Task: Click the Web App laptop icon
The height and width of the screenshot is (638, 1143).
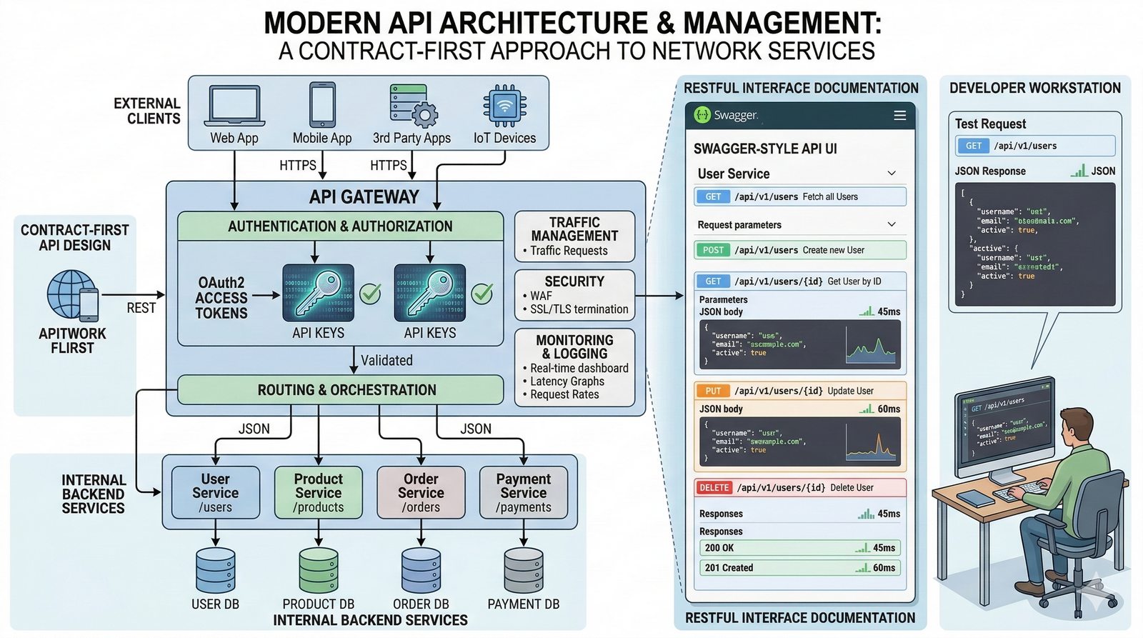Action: click(234, 106)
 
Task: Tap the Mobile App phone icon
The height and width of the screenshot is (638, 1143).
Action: click(322, 105)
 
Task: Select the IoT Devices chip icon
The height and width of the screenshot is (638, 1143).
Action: click(504, 106)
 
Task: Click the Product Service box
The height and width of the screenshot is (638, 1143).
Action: click(319, 492)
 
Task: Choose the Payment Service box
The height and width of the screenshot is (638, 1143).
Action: click(524, 492)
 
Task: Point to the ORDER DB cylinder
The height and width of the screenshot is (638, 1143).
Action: click(421, 571)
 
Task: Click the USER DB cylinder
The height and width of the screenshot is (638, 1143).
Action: click(215, 571)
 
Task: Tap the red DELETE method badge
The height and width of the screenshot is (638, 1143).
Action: click(714, 488)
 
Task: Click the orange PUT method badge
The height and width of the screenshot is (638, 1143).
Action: click(713, 391)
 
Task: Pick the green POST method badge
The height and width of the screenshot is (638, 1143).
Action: click(713, 250)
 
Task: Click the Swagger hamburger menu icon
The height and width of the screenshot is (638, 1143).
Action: click(900, 115)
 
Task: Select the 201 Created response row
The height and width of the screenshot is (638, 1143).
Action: click(799, 568)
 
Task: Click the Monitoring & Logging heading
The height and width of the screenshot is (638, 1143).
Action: click(574, 347)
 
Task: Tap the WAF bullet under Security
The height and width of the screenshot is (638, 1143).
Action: click(541, 296)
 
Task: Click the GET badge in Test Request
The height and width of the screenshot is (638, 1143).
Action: click(974, 146)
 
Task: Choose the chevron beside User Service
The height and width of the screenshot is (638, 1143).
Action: click(892, 173)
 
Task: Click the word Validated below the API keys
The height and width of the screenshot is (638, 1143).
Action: click(386, 361)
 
